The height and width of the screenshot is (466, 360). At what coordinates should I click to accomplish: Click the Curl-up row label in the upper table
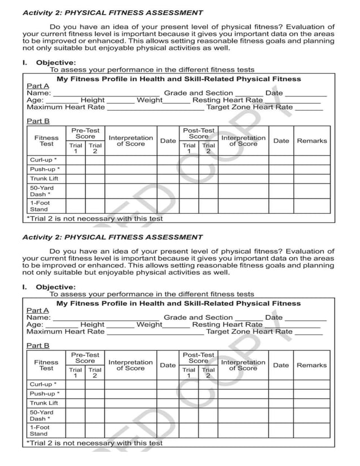[x=43, y=160]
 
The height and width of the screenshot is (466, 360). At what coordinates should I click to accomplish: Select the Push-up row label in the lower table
[x=45, y=394]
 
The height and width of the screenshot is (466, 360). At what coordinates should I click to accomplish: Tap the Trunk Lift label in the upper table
[x=43, y=178]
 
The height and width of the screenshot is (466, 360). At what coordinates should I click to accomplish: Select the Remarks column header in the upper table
[x=311, y=140]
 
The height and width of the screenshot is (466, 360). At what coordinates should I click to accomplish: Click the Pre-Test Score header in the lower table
[x=85, y=358]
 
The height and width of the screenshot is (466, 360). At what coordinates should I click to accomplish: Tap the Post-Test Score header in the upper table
[x=199, y=133]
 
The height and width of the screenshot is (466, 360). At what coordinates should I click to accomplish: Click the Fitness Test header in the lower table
[x=46, y=365]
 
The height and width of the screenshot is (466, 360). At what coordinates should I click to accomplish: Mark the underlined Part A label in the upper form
[x=38, y=86]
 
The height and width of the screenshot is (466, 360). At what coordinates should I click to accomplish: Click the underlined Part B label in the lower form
[x=38, y=345]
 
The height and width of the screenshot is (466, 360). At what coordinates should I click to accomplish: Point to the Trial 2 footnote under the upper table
[x=95, y=219]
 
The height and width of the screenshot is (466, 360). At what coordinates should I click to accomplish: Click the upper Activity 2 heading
[x=112, y=12]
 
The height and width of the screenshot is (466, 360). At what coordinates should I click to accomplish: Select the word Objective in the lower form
[x=56, y=287]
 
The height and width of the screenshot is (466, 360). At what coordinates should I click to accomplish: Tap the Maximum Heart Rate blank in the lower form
[x=155, y=332]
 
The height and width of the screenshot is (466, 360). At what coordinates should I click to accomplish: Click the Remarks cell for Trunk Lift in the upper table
[x=311, y=178]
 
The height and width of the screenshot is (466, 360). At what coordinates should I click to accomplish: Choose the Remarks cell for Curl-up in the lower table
[x=311, y=384]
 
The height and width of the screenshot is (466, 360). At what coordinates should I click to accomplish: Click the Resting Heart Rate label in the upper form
[x=227, y=100]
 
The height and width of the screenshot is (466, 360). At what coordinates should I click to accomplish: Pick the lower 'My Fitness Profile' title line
[x=179, y=304]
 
